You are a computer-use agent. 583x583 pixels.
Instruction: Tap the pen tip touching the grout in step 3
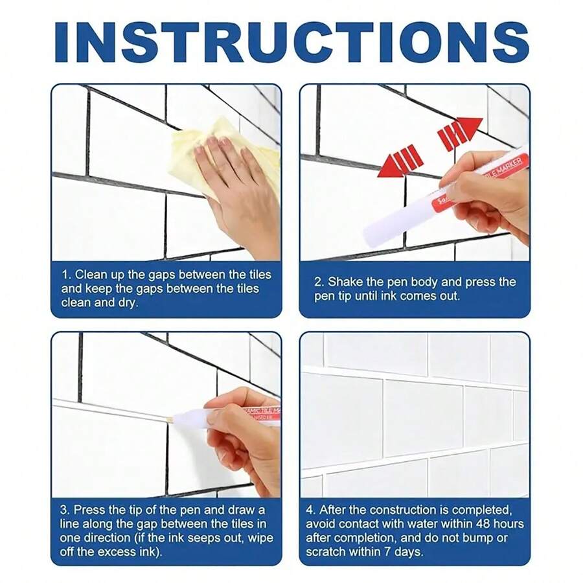(x=171, y=420)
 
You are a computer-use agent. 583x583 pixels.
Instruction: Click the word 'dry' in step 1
(x=128, y=303)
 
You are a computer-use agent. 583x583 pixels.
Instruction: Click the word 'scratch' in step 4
(x=325, y=552)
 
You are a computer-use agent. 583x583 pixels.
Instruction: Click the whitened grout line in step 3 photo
(x=110, y=409)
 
